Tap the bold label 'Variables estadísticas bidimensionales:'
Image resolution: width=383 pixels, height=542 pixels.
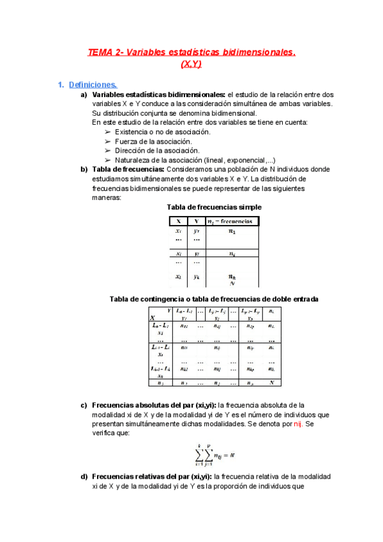point(159,95)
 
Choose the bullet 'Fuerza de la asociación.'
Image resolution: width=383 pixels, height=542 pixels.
point(153,141)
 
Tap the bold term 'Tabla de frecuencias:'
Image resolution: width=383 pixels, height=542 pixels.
point(128,169)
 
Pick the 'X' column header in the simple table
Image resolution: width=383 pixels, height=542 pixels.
point(178,221)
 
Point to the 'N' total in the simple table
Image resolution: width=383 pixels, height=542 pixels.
point(232,283)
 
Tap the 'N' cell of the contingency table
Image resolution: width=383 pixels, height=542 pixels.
point(272,383)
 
